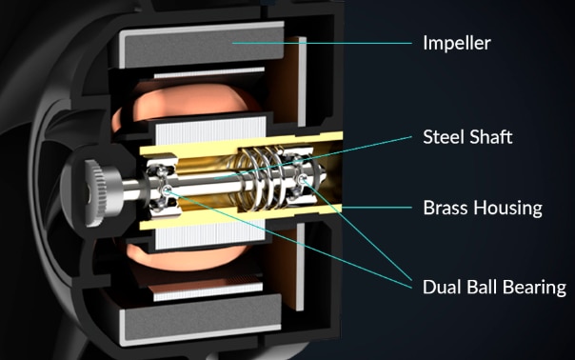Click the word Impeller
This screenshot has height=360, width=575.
click(457, 43)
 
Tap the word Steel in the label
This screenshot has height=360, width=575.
click(442, 137)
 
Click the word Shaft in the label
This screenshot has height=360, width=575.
click(489, 137)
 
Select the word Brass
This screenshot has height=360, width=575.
click(445, 208)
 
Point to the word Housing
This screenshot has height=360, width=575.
click(508, 209)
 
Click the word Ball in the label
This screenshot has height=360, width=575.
click(482, 287)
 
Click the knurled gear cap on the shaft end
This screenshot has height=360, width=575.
click(96, 192)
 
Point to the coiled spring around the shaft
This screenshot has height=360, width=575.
click(261, 178)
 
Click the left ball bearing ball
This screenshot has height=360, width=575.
click(167, 190)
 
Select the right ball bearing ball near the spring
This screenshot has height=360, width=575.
click(303, 179)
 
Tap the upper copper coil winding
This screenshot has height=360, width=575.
click(187, 100)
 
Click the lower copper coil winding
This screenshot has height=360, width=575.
click(186, 256)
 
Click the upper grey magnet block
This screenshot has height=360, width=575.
click(203, 46)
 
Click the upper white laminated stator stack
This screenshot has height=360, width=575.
click(210, 130)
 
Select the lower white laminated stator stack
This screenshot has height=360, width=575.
click(210, 235)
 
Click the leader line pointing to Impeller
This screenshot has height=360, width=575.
click(322, 43)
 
